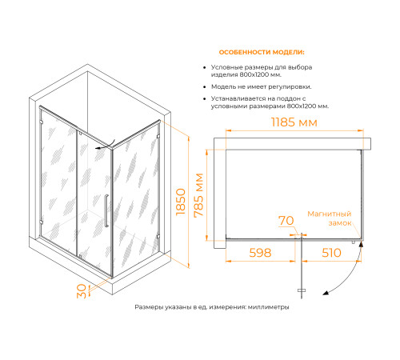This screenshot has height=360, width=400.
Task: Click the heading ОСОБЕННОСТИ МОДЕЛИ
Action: (x=262, y=52)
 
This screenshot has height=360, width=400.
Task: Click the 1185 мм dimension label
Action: (x=294, y=122)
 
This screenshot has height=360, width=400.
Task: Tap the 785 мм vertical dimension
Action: (x=198, y=195)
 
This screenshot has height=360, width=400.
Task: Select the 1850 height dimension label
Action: (x=181, y=202)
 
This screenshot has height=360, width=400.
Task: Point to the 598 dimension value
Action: (x=260, y=253)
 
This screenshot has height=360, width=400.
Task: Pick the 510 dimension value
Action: (x=331, y=253)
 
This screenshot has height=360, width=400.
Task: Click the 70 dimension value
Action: (x=286, y=221)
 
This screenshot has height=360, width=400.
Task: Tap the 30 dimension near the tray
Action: (x=82, y=291)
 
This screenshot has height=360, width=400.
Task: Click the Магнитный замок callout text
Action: (x=330, y=218)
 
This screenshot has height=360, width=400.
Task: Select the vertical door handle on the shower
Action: (x=106, y=210)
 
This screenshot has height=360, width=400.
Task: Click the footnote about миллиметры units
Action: (x=212, y=307)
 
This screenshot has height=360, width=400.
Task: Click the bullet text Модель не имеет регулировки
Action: (x=262, y=87)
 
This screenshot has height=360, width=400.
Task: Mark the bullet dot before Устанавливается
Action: (x=205, y=99)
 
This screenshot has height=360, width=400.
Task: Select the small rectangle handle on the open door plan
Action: (x=302, y=290)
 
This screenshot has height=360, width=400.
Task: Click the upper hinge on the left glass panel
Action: (x=42, y=122)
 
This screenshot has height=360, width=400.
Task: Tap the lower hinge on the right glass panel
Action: (x=158, y=236)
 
